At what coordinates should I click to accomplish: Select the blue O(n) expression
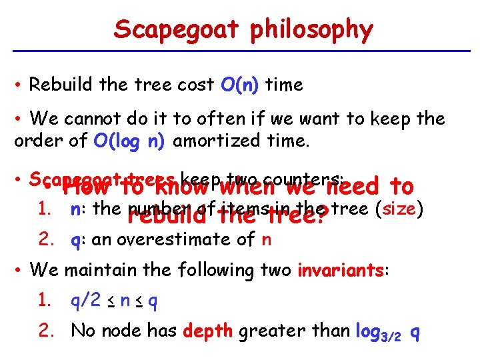pos(239,85)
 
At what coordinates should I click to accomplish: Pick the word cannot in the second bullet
pos(93,119)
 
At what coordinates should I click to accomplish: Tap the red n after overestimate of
pos(267,240)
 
